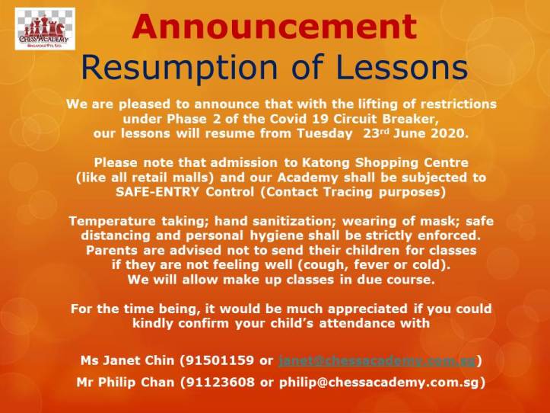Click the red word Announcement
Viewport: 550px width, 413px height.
pos(275,27)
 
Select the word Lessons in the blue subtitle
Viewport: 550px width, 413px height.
pos(405,68)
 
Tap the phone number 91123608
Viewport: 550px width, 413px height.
pos(226,383)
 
